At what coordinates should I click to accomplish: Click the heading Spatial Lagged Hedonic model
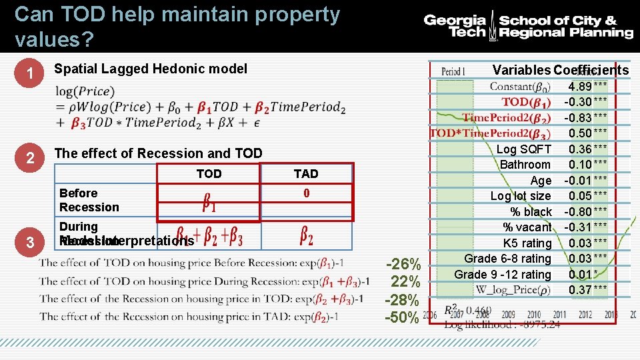click(150, 69)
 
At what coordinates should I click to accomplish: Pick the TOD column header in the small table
click(209, 174)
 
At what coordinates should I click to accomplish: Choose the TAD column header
click(306, 174)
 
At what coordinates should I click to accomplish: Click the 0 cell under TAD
click(306, 193)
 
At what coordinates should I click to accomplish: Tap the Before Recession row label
click(89, 200)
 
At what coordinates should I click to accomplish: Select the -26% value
click(403, 264)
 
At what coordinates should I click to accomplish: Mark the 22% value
click(405, 282)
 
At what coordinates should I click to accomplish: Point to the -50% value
click(403, 317)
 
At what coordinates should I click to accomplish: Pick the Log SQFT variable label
click(524, 149)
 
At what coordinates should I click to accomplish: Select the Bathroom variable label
click(525, 165)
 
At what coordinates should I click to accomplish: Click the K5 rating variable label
click(527, 243)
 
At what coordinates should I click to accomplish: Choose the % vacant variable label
click(527, 227)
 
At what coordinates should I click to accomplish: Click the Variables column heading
click(521, 70)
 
